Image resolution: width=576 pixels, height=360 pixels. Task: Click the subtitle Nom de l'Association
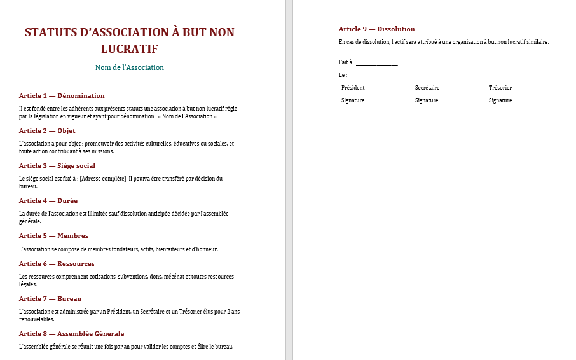(130, 67)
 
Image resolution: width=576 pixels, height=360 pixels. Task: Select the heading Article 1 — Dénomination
(62, 95)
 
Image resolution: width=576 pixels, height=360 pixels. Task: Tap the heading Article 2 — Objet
(47, 130)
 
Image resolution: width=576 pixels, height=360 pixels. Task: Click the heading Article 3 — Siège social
(57, 165)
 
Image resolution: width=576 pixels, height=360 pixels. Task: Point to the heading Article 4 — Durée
(48, 200)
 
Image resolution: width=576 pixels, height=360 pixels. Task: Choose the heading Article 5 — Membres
(53, 235)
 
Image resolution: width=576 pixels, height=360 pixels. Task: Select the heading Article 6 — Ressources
(57, 263)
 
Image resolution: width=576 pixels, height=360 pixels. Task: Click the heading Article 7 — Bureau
(50, 298)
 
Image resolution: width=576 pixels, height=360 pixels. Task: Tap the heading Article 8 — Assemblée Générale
(72, 333)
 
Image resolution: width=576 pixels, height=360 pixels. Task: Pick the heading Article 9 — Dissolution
(376, 29)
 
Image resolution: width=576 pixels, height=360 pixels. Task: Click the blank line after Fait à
(377, 63)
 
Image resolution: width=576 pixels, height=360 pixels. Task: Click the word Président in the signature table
(353, 88)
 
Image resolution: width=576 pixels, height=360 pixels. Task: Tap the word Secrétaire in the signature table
(427, 88)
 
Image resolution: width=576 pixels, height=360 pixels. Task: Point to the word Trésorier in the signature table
(500, 88)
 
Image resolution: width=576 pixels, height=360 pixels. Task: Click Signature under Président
(353, 100)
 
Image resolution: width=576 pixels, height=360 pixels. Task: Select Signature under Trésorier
(500, 100)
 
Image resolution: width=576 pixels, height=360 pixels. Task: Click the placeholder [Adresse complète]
(103, 179)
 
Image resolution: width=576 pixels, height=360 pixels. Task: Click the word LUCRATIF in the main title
(130, 49)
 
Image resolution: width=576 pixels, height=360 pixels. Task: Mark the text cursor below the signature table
(339, 113)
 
